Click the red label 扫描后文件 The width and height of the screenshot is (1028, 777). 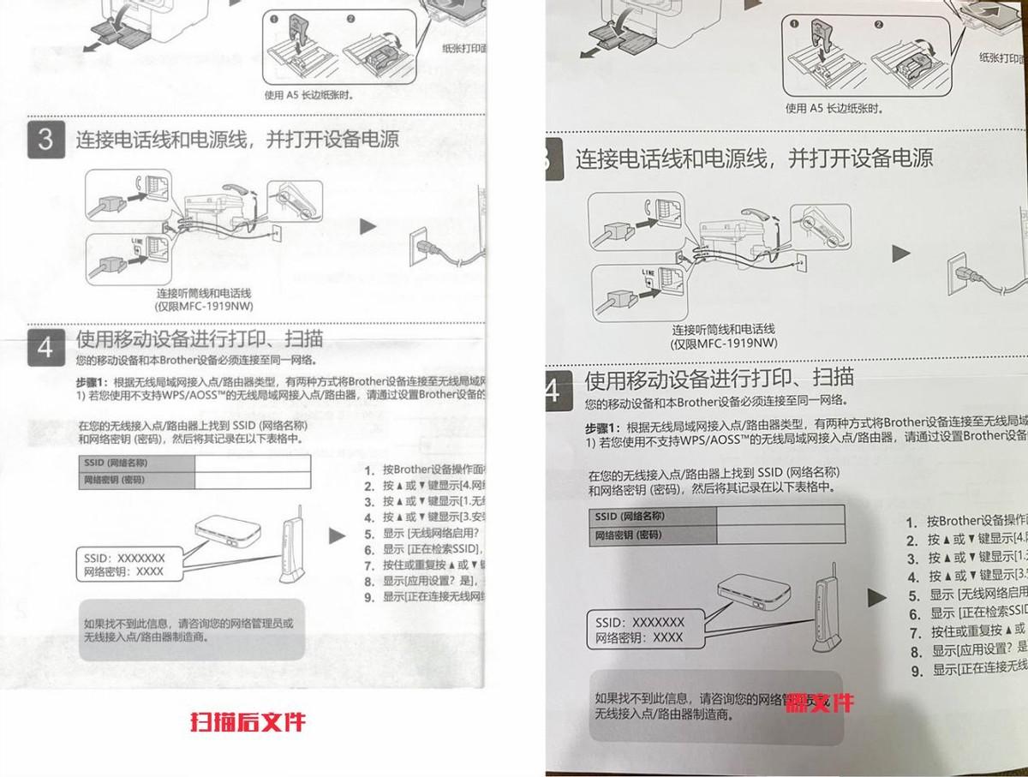[247, 722]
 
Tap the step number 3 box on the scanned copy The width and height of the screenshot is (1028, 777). [45, 140]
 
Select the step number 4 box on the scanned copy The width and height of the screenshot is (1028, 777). [45, 348]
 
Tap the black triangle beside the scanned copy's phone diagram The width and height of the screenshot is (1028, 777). [368, 227]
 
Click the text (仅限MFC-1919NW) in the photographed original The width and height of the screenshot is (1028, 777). [724, 344]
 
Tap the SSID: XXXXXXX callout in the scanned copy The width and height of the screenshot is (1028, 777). [125, 558]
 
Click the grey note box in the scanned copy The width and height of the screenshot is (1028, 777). [192, 630]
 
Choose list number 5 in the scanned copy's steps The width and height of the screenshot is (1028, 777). [370, 534]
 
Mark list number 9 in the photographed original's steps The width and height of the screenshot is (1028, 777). [917, 670]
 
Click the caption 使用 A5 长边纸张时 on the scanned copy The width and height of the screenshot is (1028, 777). [309, 95]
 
